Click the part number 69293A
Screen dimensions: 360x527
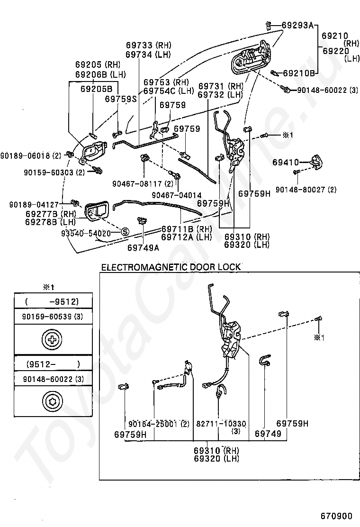point(297,25)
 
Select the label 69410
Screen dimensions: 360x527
point(286,163)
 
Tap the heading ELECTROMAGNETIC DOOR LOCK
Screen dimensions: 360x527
point(171,267)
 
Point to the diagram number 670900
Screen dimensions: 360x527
point(336,516)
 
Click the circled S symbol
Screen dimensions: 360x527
point(125,232)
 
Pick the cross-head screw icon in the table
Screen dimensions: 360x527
point(52,339)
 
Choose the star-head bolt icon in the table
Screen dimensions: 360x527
point(52,401)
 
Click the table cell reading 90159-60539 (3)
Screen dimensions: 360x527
point(53,317)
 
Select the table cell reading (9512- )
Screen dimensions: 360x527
point(53,364)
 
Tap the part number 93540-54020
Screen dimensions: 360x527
point(86,233)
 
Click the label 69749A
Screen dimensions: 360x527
point(144,248)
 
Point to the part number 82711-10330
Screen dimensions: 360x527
point(221,424)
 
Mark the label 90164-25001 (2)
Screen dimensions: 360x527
point(159,424)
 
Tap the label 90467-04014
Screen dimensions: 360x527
point(177,195)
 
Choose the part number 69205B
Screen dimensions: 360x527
point(96,89)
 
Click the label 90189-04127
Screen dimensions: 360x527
point(34,204)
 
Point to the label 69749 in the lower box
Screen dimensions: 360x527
point(268,434)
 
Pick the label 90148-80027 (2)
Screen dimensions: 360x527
point(306,190)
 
